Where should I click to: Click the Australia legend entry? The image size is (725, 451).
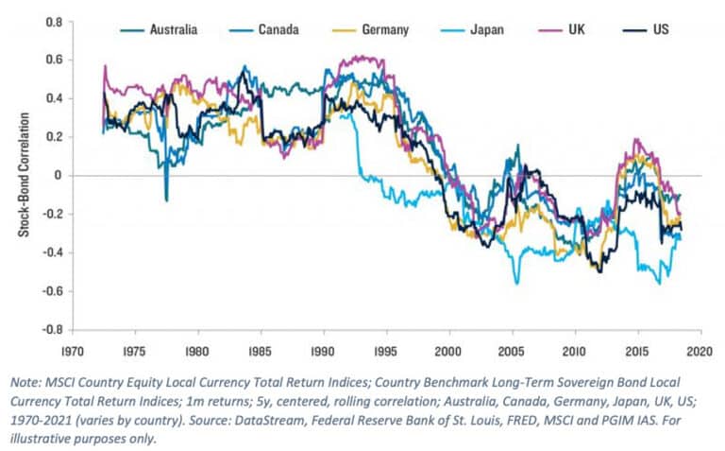pos(173,30)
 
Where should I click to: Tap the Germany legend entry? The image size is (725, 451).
pos(383,30)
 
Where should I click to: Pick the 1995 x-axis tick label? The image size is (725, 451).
pos(386,348)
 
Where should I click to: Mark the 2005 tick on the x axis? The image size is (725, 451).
pos(512,348)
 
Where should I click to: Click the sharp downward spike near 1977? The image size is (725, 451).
pos(166,199)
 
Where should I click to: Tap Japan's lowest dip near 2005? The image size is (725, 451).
pos(516,282)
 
